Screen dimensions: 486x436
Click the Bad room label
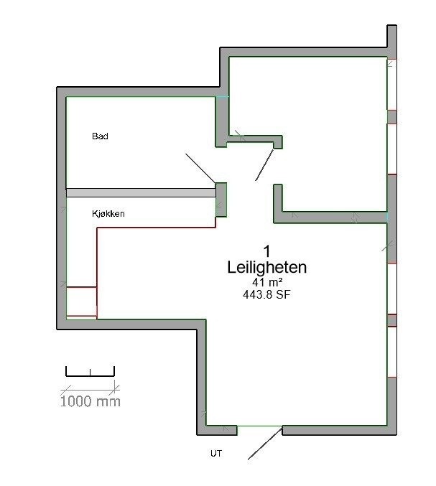coord(100,136)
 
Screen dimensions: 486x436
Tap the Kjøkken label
coord(108,214)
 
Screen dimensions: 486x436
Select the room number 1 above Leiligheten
coord(266,251)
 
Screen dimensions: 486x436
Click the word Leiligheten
coord(266,268)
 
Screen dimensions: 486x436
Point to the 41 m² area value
coord(266,283)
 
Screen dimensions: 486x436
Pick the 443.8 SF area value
coord(266,294)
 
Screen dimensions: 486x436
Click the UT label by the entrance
coord(215,454)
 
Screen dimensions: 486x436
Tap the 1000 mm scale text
coord(90,401)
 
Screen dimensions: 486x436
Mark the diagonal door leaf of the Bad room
coord(200,168)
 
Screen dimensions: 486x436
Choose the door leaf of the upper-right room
coord(265,165)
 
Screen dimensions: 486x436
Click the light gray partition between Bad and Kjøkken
coord(141,192)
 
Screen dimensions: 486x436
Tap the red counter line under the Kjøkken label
coord(155,228)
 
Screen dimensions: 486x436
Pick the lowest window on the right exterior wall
coord(392,351)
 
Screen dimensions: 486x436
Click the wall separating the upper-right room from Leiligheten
coord(334,216)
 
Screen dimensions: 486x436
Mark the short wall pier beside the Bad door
coord(221,199)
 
